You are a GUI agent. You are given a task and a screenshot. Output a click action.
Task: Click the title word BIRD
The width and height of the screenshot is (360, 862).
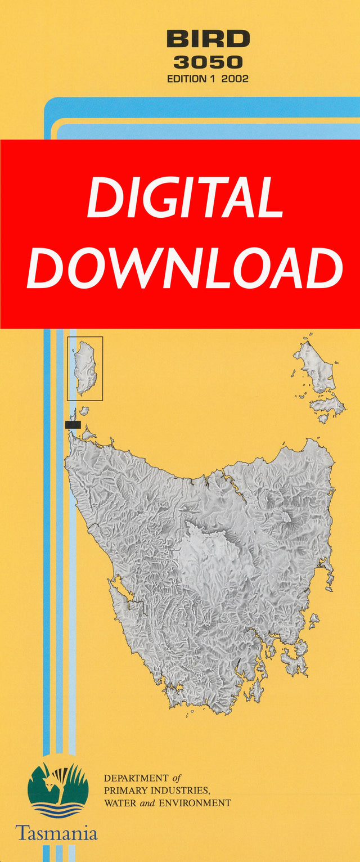(x=208, y=39)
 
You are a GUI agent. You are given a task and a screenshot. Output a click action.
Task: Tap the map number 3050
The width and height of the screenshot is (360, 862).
(x=208, y=62)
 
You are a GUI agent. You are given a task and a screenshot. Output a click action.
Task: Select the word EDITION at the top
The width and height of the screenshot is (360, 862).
(x=187, y=79)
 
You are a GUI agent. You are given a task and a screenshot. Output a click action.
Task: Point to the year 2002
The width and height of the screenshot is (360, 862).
(x=235, y=79)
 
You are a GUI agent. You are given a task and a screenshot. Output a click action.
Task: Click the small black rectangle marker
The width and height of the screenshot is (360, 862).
(x=73, y=424)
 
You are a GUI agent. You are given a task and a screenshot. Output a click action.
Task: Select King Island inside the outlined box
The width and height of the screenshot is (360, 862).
(x=86, y=368)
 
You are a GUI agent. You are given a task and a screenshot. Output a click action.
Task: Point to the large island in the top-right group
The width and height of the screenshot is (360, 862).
(x=315, y=366)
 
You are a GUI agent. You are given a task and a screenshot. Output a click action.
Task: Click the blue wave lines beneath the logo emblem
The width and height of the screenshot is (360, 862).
(x=58, y=810)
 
